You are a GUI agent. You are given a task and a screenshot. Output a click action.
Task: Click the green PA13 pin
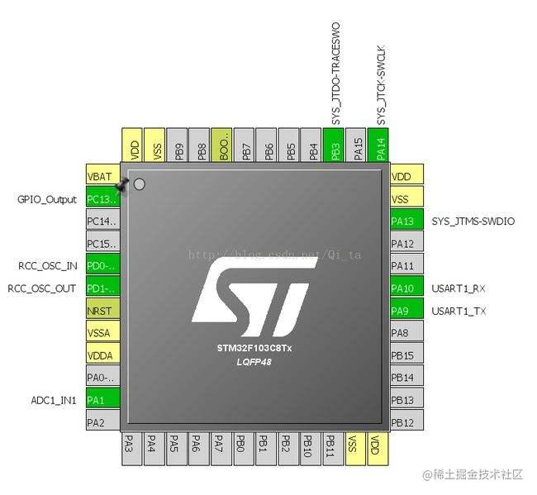406,221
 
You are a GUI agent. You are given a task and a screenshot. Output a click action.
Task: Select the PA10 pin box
406,288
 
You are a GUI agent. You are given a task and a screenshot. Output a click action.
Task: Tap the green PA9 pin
406,310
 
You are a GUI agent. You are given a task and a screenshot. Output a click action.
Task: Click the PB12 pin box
406,422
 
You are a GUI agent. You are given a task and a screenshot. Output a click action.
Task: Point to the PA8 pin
406,333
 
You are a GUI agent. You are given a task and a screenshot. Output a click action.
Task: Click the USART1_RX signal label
459,288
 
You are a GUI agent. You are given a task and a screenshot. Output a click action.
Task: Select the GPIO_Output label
47,199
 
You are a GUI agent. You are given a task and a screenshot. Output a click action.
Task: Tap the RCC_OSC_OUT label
42,288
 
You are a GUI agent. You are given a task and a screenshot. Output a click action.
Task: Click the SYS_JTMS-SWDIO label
473,221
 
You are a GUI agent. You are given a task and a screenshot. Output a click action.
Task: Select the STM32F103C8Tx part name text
249,348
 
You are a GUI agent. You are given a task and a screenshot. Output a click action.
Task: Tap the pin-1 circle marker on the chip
139,184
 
